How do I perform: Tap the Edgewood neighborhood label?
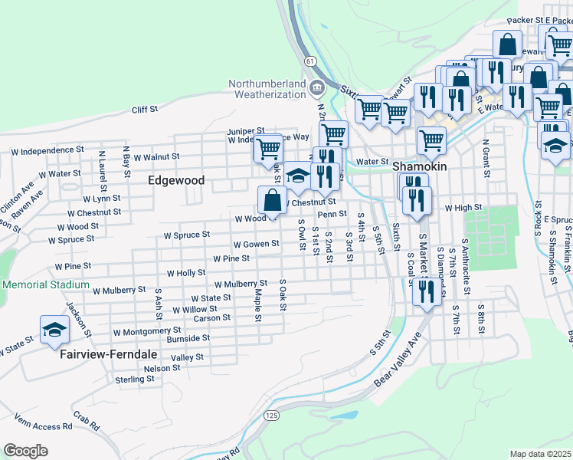pos(175,180)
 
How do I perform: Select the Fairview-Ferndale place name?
pos(99,356)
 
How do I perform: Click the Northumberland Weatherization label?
pos(266,89)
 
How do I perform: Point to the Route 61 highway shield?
pos(308,58)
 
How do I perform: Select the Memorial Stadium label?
pos(45,284)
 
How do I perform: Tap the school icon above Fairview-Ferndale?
pos(54,330)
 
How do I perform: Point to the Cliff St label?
pos(144,110)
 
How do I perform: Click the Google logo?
pos(25,450)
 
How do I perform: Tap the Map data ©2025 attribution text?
pos(540,454)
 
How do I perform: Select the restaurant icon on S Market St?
pos(427,291)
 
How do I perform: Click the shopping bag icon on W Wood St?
pos(273,201)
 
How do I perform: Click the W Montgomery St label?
pos(146,332)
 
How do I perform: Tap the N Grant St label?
pos(486,156)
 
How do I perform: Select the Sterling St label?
pos(134,379)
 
